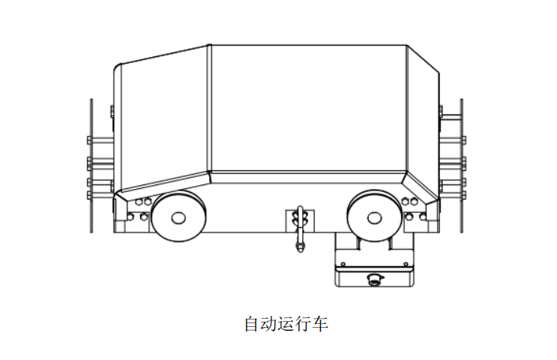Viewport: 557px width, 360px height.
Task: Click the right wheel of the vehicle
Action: [373, 217]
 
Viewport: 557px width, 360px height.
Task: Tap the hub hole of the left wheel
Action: [178, 217]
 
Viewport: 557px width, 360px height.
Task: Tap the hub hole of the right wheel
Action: [373, 217]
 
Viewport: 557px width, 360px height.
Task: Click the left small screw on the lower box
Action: [342, 264]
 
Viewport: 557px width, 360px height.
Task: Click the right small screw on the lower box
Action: [406, 264]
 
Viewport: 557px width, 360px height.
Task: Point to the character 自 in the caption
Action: [251, 325]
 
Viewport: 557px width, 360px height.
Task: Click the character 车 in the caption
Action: [321, 325]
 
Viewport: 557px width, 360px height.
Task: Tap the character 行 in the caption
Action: [304, 325]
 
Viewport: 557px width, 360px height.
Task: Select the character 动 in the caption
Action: [268, 325]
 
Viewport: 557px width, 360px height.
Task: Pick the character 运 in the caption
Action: [286, 325]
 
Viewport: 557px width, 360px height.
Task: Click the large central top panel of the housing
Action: [307, 109]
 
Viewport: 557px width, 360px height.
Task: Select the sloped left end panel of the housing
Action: [161, 120]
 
